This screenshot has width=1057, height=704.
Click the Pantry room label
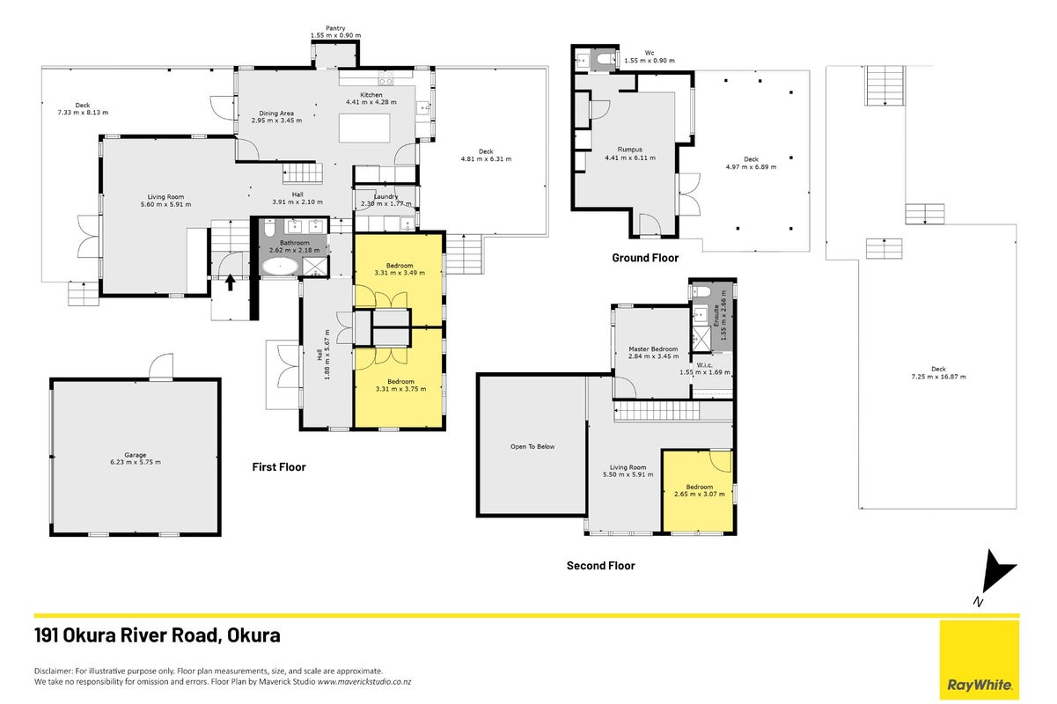pyautogui.click(x=335, y=28)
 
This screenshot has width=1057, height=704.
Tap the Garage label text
pyautogui.click(x=136, y=455)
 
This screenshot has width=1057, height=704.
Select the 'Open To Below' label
pyautogui.click(x=532, y=446)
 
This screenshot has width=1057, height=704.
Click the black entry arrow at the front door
pyautogui.click(x=230, y=282)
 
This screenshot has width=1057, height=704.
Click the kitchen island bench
pyautogui.click(x=364, y=128)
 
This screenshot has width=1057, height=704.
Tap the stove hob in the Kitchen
pyautogui.click(x=385, y=77)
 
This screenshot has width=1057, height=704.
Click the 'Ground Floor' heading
pyautogui.click(x=645, y=258)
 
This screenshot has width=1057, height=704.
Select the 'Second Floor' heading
pyautogui.click(x=601, y=565)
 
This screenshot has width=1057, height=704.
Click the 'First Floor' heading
pyautogui.click(x=279, y=466)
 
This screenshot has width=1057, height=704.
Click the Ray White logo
pyautogui.click(x=980, y=659)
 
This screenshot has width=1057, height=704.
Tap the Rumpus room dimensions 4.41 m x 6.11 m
pyautogui.click(x=630, y=158)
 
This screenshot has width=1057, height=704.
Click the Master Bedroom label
pyautogui.click(x=653, y=348)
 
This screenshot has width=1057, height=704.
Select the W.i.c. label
pyautogui.click(x=704, y=364)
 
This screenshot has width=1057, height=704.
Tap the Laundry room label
pyautogui.click(x=386, y=196)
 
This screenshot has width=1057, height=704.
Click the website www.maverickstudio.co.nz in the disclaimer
pyautogui.click(x=363, y=682)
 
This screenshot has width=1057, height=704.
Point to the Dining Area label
pyautogui.click(x=276, y=114)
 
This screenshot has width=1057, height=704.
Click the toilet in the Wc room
pyautogui.click(x=604, y=60)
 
